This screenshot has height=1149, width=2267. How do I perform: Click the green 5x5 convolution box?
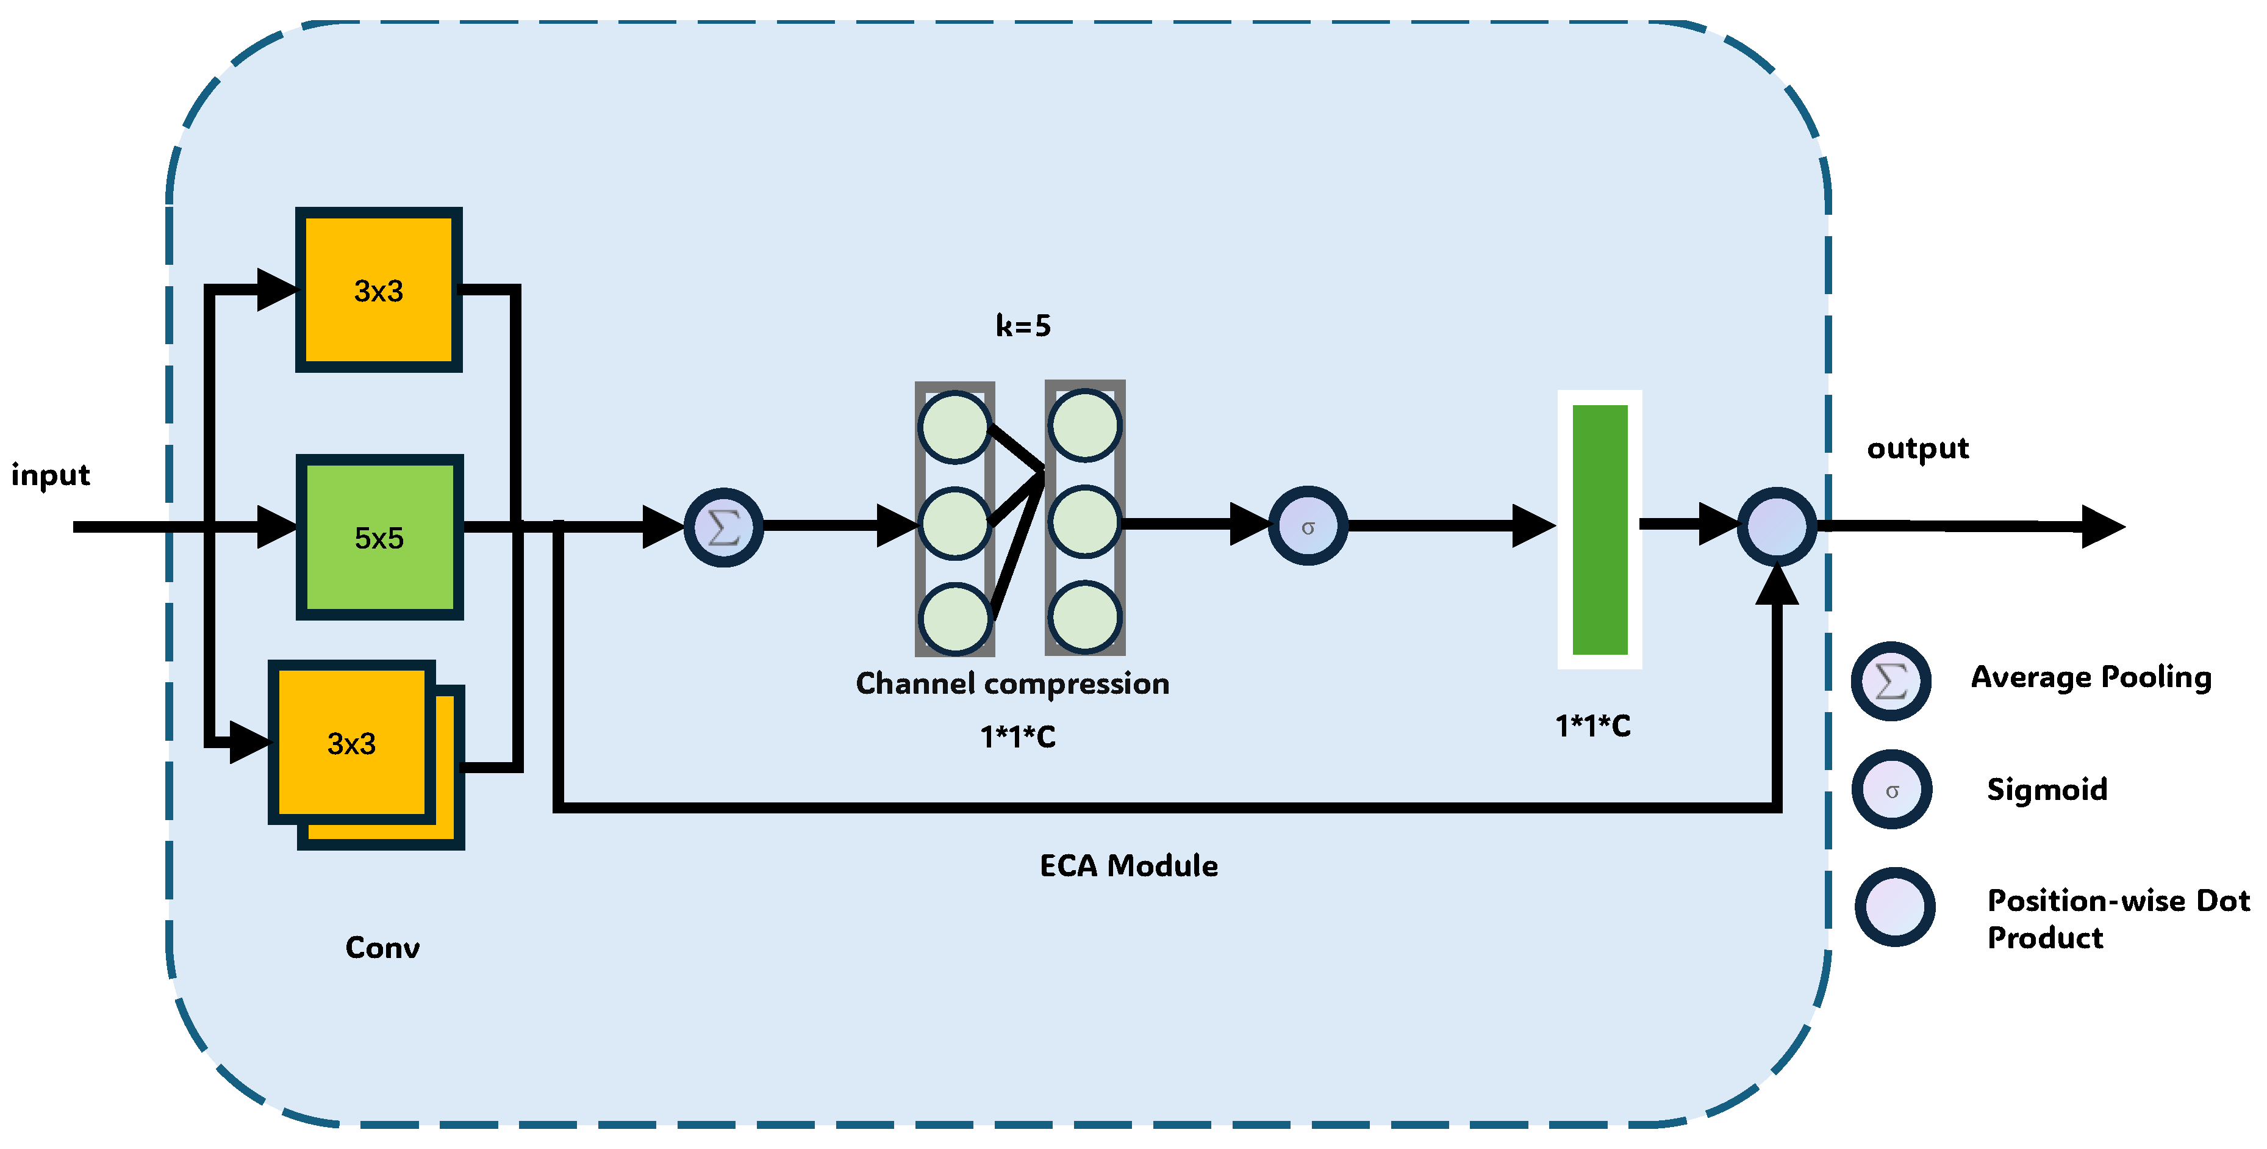click(x=379, y=537)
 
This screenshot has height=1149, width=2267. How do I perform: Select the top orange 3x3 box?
click(x=378, y=290)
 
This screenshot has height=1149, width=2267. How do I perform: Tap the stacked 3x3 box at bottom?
click(x=352, y=743)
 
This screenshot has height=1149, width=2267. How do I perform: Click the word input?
click(x=50, y=475)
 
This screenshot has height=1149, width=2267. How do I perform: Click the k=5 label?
click(x=1023, y=326)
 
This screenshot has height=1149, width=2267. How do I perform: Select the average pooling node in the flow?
click(x=723, y=527)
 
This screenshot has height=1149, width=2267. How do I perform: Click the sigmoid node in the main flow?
click(x=1308, y=527)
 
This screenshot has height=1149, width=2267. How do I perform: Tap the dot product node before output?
click(x=1777, y=527)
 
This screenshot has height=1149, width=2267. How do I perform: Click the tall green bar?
click(x=1599, y=529)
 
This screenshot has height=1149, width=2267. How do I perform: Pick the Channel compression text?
click(x=1012, y=683)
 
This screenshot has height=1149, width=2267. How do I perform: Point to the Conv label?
click(x=382, y=948)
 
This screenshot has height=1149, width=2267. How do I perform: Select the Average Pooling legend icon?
click(x=1891, y=680)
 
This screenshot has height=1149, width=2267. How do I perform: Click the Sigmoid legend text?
click(x=2047, y=789)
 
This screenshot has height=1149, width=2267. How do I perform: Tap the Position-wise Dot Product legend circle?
click(x=1895, y=907)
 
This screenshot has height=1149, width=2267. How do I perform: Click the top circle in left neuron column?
click(x=955, y=427)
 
